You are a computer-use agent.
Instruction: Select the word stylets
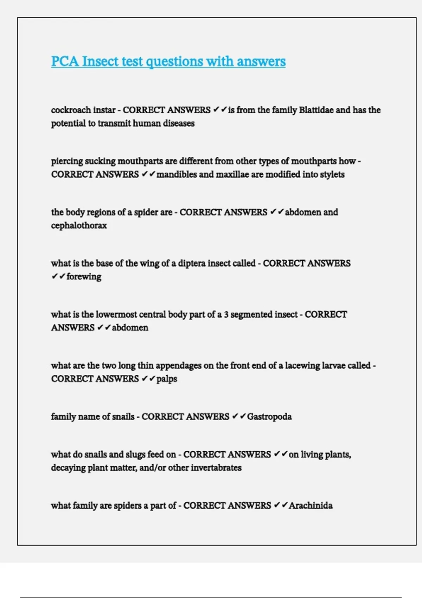332,174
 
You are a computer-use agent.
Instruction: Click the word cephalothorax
79,225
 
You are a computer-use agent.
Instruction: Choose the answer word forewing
84,277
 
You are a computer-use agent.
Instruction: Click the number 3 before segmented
226,314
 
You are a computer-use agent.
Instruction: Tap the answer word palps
167,379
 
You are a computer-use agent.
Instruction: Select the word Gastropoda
269,417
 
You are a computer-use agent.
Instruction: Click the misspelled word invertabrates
216,468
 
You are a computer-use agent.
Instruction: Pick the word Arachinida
311,506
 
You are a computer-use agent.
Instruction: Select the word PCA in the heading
65,62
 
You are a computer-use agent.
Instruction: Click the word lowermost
116,314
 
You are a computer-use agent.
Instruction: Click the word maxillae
232,174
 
